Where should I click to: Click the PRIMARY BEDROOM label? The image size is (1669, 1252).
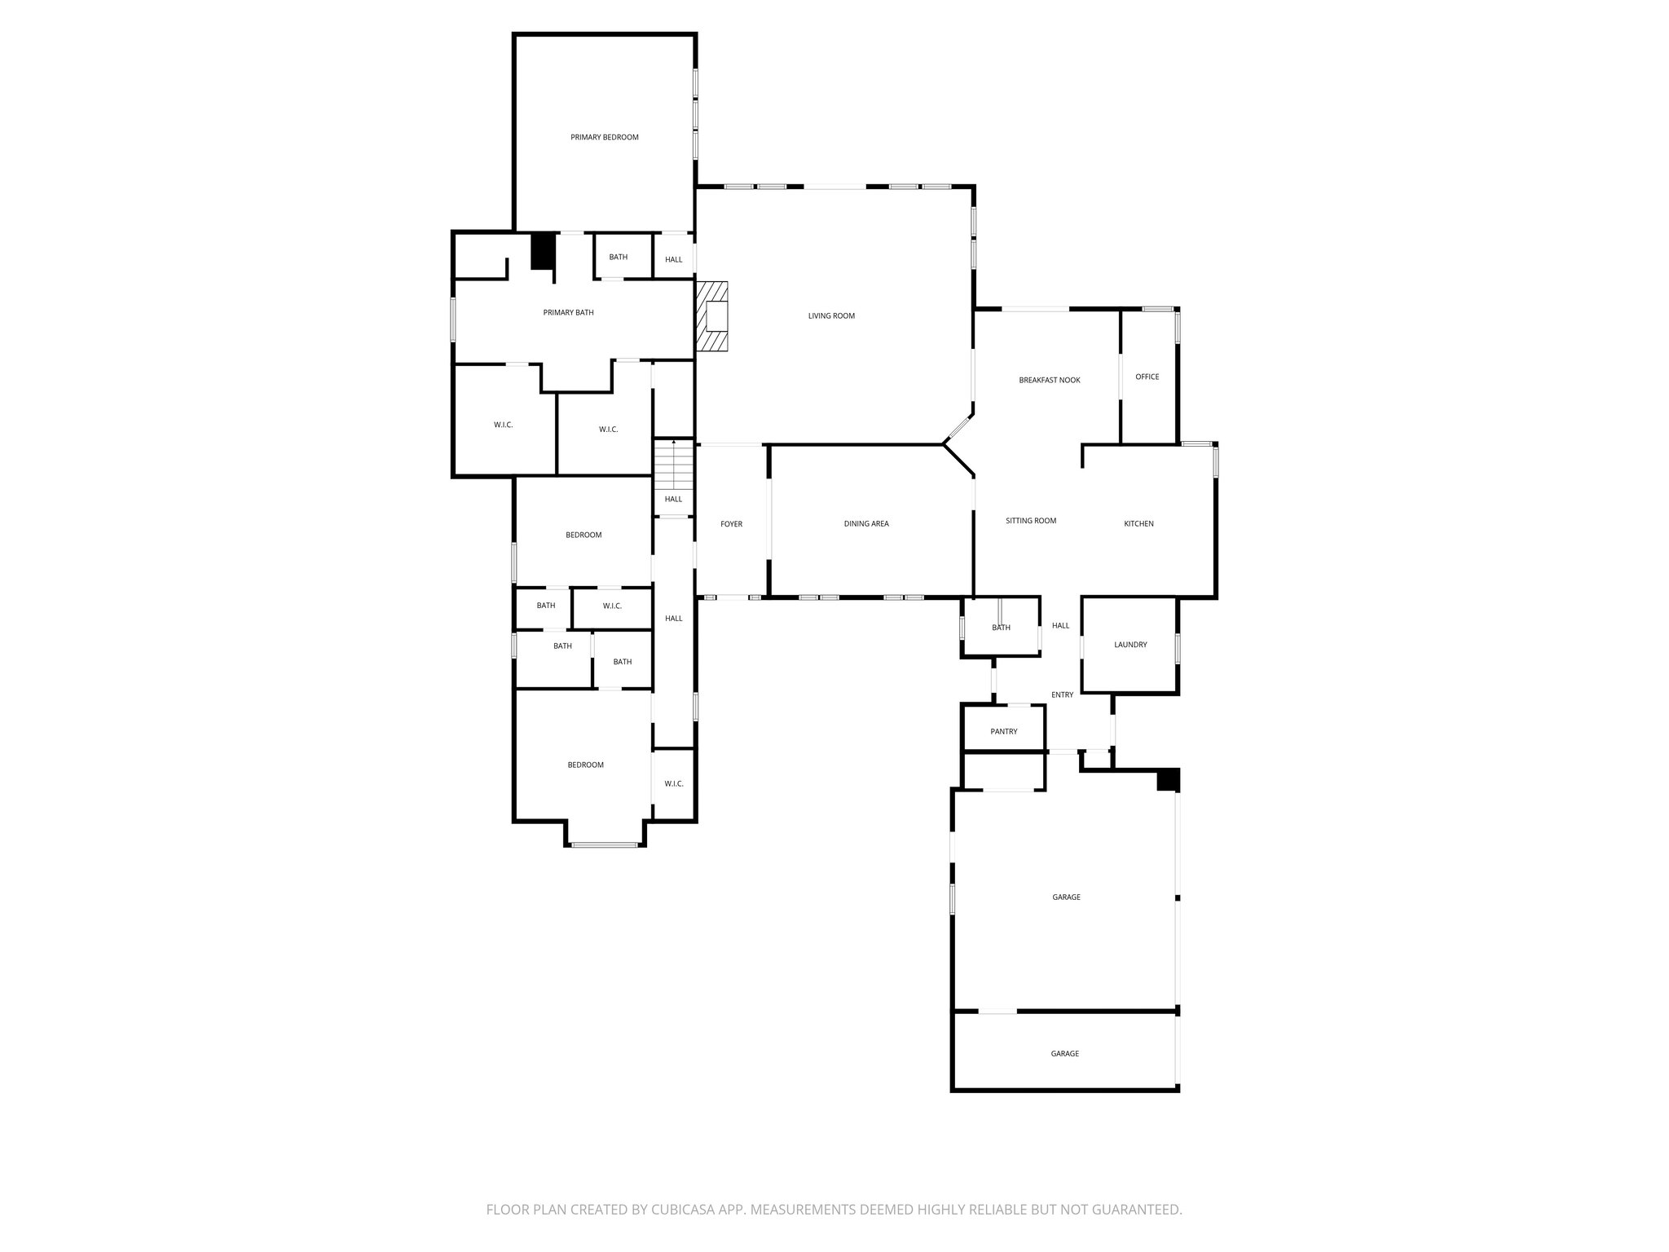pyautogui.click(x=604, y=137)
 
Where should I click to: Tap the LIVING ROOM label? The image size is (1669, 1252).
pyautogui.click(x=831, y=315)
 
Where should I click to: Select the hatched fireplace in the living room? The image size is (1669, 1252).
pyautogui.click(x=711, y=316)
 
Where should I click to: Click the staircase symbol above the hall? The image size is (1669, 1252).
pyautogui.click(x=673, y=465)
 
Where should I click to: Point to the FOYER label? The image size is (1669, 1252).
pyautogui.click(x=731, y=524)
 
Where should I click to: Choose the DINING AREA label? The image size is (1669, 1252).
pyautogui.click(x=866, y=523)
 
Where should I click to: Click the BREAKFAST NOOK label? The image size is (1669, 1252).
pyautogui.click(x=1049, y=380)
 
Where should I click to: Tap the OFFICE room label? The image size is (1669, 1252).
pyautogui.click(x=1147, y=377)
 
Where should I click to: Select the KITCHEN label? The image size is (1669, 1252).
pyautogui.click(x=1138, y=523)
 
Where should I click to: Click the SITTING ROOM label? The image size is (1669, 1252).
pyautogui.click(x=1030, y=520)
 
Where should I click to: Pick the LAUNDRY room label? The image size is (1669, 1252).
pyautogui.click(x=1130, y=645)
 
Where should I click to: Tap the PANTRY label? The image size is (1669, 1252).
pyautogui.click(x=1003, y=731)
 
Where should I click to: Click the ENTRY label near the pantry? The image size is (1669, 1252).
pyautogui.click(x=1062, y=694)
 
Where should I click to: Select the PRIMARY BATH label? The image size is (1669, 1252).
pyautogui.click(x=568, y=312)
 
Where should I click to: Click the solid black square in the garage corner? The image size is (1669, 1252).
pyautogui.click(x=1168, y=779)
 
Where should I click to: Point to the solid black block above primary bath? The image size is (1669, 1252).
pyautogui.click(x=543, y=251)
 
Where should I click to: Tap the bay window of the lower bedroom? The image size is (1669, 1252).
pyautogui.click(x=605, y=844)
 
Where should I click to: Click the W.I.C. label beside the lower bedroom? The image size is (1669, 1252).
pyautogui.click(x=673, y=783)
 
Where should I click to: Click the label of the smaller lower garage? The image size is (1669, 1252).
pyautogui.click(x=1064, y=1053)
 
